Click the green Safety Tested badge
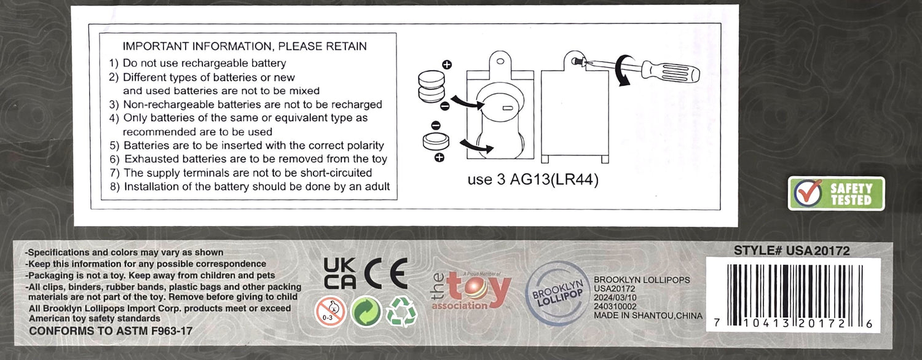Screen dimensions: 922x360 click(836, 194)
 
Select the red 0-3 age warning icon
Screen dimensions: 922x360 click(330, 311)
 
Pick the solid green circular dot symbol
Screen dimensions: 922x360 click(366, 312)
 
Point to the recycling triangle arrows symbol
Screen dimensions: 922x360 click(401, 311)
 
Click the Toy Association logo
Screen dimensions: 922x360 click(471, 291)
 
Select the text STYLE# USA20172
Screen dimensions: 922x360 click(792, 251)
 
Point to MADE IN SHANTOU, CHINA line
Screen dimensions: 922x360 click(648, 316)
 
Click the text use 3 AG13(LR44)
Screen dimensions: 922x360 click(533, 179)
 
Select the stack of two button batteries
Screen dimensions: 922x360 click(431, 87)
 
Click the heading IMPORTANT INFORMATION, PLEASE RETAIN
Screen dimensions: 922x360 click(245, 46)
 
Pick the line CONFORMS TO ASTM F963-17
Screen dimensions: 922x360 click(110, 331)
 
